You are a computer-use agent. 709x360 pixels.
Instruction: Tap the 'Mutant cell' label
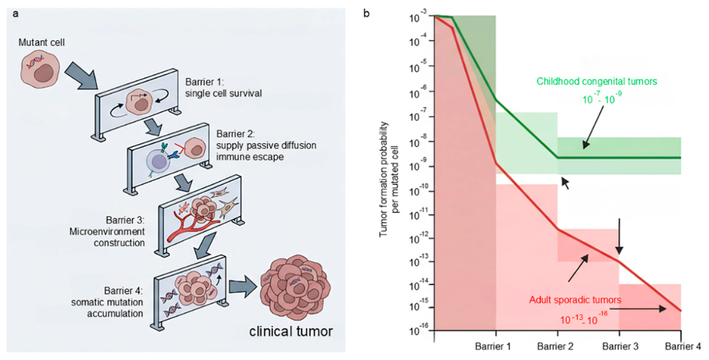[x=41, y=43]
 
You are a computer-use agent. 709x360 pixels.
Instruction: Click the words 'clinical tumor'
[x=291, y=331]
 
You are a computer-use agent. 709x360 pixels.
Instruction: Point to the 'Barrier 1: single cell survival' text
[x=223, y=88]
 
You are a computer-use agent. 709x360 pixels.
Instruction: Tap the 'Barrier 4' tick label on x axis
[x=683, y=346]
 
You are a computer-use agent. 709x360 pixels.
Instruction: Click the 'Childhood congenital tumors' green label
[x=596, y=81]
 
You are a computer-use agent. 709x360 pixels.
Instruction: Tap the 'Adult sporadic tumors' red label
[x=574, y=300]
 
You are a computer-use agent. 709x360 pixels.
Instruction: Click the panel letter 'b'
[x=366, y=14]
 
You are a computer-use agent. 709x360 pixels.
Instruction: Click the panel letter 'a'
[x=16, y=14]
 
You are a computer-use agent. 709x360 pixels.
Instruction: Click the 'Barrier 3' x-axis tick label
[x=620, y=346]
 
